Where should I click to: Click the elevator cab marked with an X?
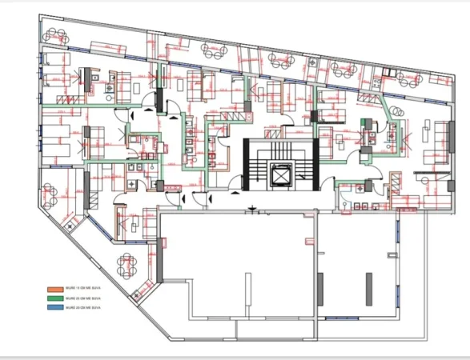[x=281, y=174]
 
